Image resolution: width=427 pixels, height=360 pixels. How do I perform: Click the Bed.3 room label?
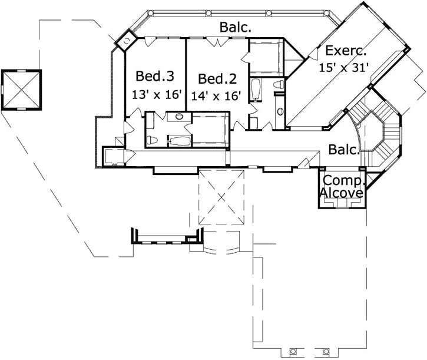tap(155, 76)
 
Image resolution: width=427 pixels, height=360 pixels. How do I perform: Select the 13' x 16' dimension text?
tap(157, 94)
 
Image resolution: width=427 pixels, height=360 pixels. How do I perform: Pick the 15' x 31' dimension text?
tap(344, 67)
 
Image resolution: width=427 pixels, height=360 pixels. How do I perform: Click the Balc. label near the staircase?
tap(344, 150)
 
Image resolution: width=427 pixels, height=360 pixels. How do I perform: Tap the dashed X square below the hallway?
tap(221, 196)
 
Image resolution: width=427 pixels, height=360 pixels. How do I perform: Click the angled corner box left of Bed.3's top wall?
tap(125, 39)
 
